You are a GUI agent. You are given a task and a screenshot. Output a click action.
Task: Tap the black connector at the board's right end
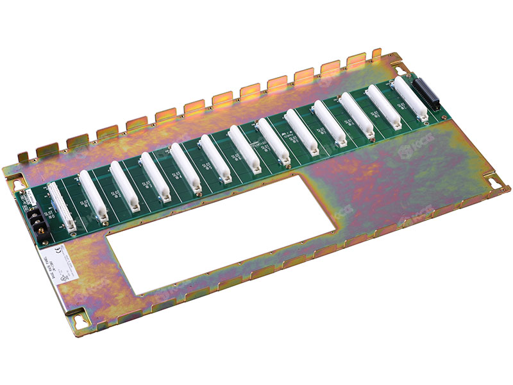tap(425, 96)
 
